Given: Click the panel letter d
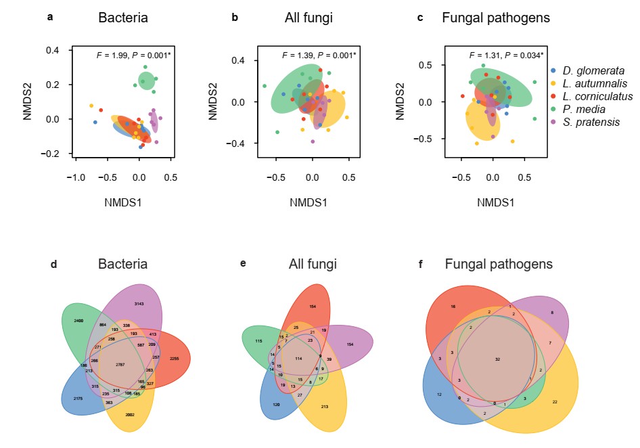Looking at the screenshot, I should point(53,264).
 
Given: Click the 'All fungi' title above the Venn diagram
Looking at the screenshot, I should point(311,264).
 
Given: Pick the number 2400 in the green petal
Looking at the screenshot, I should point(79,319).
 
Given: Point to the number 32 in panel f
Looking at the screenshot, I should point(497,359).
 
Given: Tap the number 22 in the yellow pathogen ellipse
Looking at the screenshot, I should point(555,402).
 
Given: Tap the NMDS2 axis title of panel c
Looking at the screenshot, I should point(401,102).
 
